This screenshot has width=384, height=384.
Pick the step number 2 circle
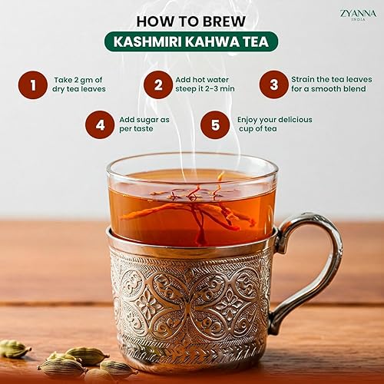click(158, 84)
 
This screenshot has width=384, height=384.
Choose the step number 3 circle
click(273, 84)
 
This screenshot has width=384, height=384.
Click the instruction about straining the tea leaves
click(329, 84)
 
